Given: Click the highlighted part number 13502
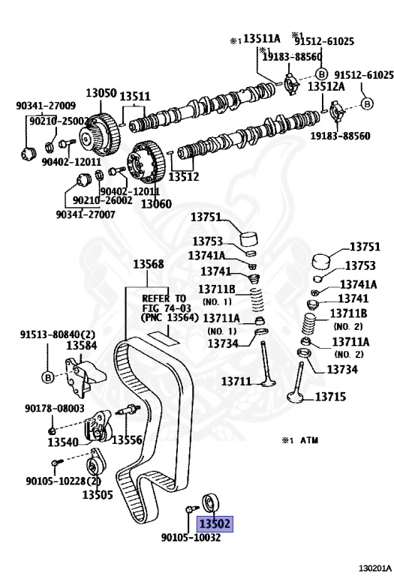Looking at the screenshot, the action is [x=215, y=523].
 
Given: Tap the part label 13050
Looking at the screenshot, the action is [x=101, y=92].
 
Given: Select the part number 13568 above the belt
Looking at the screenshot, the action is [x=149, y=264].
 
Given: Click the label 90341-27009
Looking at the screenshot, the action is [x=46, y=106].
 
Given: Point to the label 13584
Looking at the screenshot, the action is [x=82, y=345].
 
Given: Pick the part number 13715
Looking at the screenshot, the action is [x=330, y=397].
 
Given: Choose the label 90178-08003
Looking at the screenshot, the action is [x=55, y=409].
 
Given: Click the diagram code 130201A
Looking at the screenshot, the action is [x=375, y=568].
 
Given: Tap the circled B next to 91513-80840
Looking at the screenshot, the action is [x=48, y=377].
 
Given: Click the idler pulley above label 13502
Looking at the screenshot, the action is [x=211, y=502].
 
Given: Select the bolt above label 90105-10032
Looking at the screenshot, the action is [x=191, y=508].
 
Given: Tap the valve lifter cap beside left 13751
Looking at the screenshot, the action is [x=250, y=239].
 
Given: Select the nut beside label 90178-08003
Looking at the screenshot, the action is [x=53, y=430].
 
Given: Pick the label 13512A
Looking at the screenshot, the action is [x=326, y=87].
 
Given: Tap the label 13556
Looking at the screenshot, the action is [x=127, y=439].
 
